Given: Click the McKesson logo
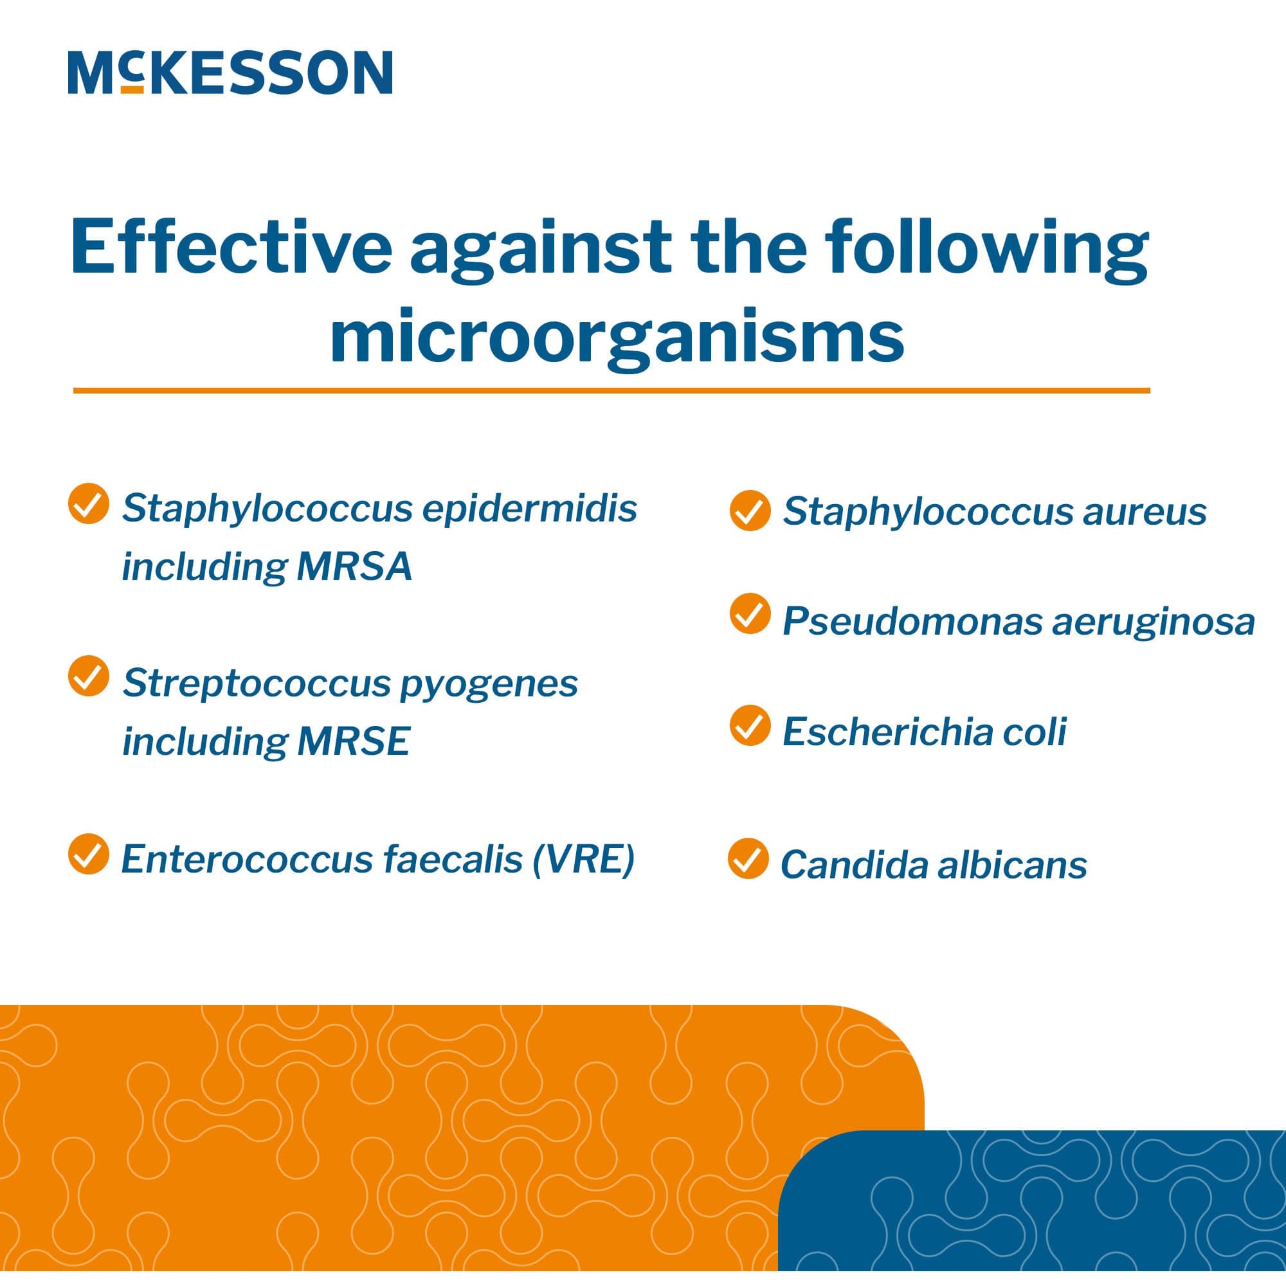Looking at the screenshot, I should tap(230, 72).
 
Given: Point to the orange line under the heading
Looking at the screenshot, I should tap(611, 391).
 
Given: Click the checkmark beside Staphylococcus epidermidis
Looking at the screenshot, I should tap(89, 504).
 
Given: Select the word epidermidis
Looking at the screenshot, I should tap(530, 509).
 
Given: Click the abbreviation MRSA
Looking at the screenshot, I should tap(354, 567).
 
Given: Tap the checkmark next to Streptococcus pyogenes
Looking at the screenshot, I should tap(89, 676).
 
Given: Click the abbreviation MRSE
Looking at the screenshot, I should tap(353, 741).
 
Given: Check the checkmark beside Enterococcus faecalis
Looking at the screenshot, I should tap(89, 854).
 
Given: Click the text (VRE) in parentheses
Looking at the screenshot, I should tap(583, 859).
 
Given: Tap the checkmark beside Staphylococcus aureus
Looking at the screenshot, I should tap(750, 511).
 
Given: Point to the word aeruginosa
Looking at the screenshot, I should tap(1153, 622).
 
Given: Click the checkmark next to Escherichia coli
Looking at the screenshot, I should tap(750, 725).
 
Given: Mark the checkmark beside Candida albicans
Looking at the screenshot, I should tap(748, 858).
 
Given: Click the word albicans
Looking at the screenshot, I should tap(1011, 865).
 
